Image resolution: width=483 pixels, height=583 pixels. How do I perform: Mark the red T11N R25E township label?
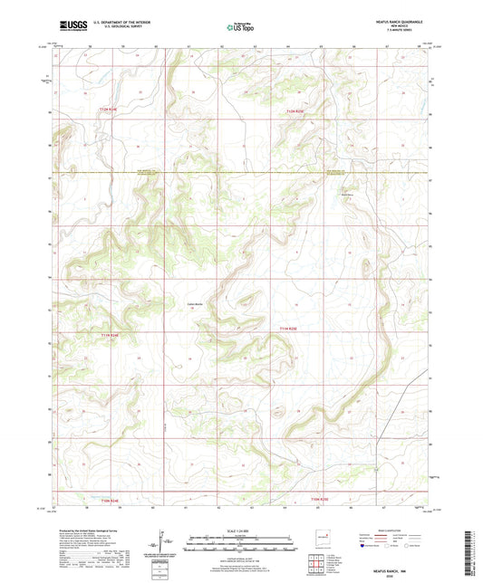(287, 328)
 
